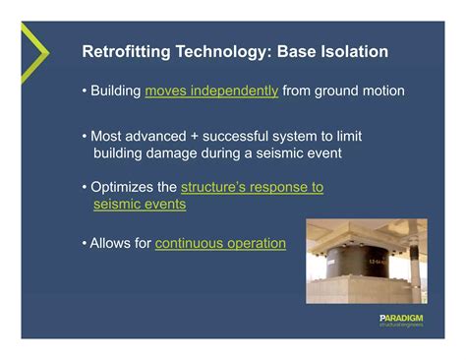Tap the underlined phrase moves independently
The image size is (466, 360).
tap(211, 91)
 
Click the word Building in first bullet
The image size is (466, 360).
tap(116, 91)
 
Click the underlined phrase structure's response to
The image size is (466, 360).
tap(253, 187)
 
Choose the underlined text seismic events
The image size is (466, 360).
tap(139, 205)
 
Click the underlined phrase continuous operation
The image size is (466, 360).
tap(220, 243)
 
